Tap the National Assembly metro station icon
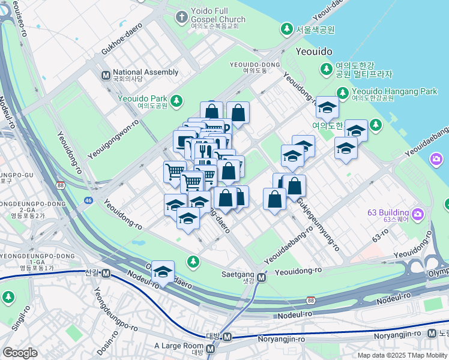(x=106, y=75)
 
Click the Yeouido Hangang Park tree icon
(x=342, y=92)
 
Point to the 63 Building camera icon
(x=418, y=214)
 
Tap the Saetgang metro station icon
(x=262, y=278)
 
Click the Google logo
(x=20, y=353)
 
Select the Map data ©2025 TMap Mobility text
(x=402, y=355)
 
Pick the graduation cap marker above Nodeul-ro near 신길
(x=163, y=272)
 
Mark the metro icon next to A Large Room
(x=211, y=349)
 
